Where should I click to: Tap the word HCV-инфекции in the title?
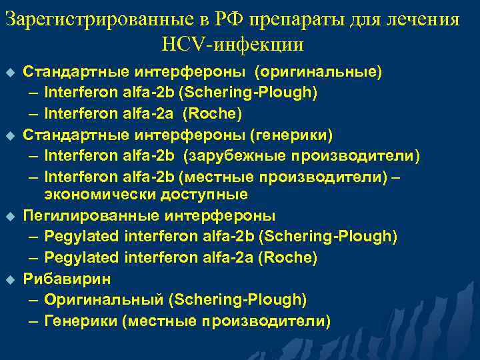point(232,45)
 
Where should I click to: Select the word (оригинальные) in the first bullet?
point(319,70)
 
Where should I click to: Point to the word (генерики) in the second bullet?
point(291,135)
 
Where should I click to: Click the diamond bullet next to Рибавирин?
point(9,279)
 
